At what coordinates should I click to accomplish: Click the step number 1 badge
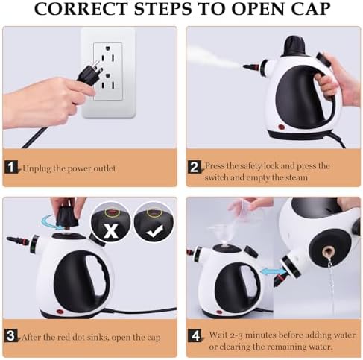coord(11,167)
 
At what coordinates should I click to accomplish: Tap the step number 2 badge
coord(194,167)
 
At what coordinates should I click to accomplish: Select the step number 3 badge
coord(10,336)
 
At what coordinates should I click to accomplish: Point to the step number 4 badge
coord(195,336)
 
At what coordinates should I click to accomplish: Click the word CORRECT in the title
coord(81,9)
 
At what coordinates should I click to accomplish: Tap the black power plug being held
coord(90,73)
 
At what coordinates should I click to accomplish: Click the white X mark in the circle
coord(110,231)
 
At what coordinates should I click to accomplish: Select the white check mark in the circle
coord(154,231)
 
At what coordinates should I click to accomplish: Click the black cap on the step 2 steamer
coord(295,45)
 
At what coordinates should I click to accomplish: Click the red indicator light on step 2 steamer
coord(282,127)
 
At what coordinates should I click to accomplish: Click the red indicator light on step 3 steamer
coord(60,312)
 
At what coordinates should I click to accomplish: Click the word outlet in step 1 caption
coord(104,168)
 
